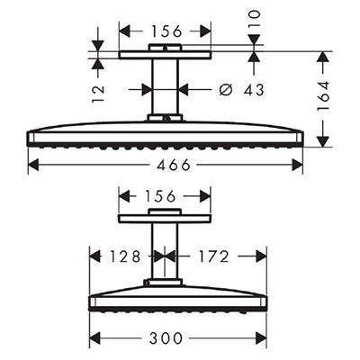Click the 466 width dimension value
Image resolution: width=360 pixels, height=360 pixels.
pos(174,165)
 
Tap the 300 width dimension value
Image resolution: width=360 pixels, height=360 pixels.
pos(166,338)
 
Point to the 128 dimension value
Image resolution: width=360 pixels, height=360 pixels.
pos(124,256)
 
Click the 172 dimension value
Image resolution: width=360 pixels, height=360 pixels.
pos(214,256)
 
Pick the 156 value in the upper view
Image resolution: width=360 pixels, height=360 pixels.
pos(166,31)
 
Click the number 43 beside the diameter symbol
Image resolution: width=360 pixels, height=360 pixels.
pos(254,89)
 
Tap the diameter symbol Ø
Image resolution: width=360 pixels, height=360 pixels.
pos(226,89)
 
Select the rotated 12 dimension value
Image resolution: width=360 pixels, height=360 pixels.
pos(98,94)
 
